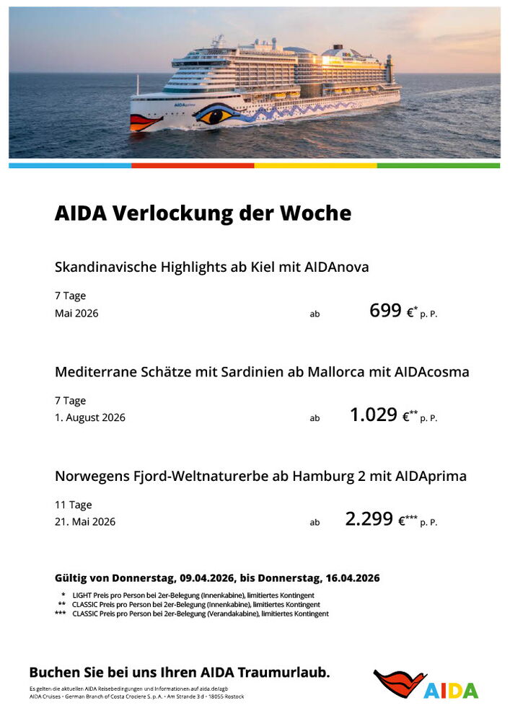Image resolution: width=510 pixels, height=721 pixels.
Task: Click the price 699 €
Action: click(x=393, y=311)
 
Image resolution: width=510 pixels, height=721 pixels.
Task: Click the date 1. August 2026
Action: click(x=90, y=417)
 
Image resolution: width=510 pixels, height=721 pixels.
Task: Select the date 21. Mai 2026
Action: click(x=85, y=521)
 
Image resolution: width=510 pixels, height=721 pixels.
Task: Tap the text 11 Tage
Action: click(x=74, y=505)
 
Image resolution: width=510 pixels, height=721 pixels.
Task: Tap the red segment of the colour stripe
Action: click(x=193, y=165)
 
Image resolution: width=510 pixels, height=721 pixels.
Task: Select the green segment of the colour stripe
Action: click(x=438, y=165)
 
